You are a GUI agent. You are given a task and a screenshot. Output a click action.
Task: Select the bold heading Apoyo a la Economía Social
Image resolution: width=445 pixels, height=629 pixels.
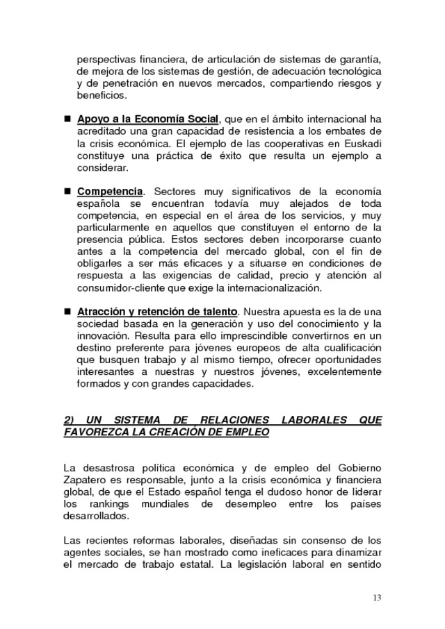tap(148, 118)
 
